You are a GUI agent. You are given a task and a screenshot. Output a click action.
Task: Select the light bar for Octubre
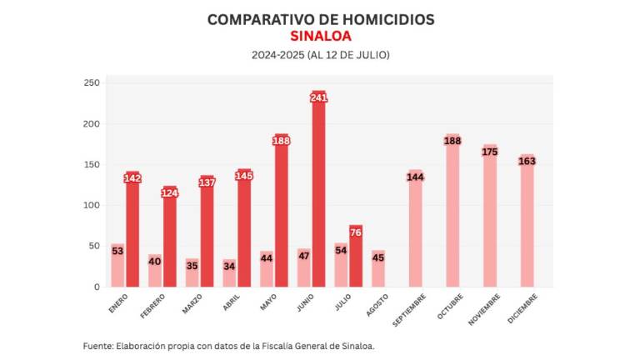pos(452,217)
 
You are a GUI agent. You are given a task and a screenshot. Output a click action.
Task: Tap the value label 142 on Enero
pos(132,178)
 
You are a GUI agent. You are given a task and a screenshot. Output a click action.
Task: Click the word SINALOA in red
pos(320,36)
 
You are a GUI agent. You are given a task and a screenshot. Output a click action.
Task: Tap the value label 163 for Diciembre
pos(527,161)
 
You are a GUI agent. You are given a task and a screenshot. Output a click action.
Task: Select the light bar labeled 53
pos(117,265)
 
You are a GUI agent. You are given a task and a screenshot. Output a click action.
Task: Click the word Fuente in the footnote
pos(99,346)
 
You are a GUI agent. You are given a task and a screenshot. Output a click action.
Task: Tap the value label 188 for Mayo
pos(282,141)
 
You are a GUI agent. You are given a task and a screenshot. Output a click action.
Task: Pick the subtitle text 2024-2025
pos(277,55)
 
